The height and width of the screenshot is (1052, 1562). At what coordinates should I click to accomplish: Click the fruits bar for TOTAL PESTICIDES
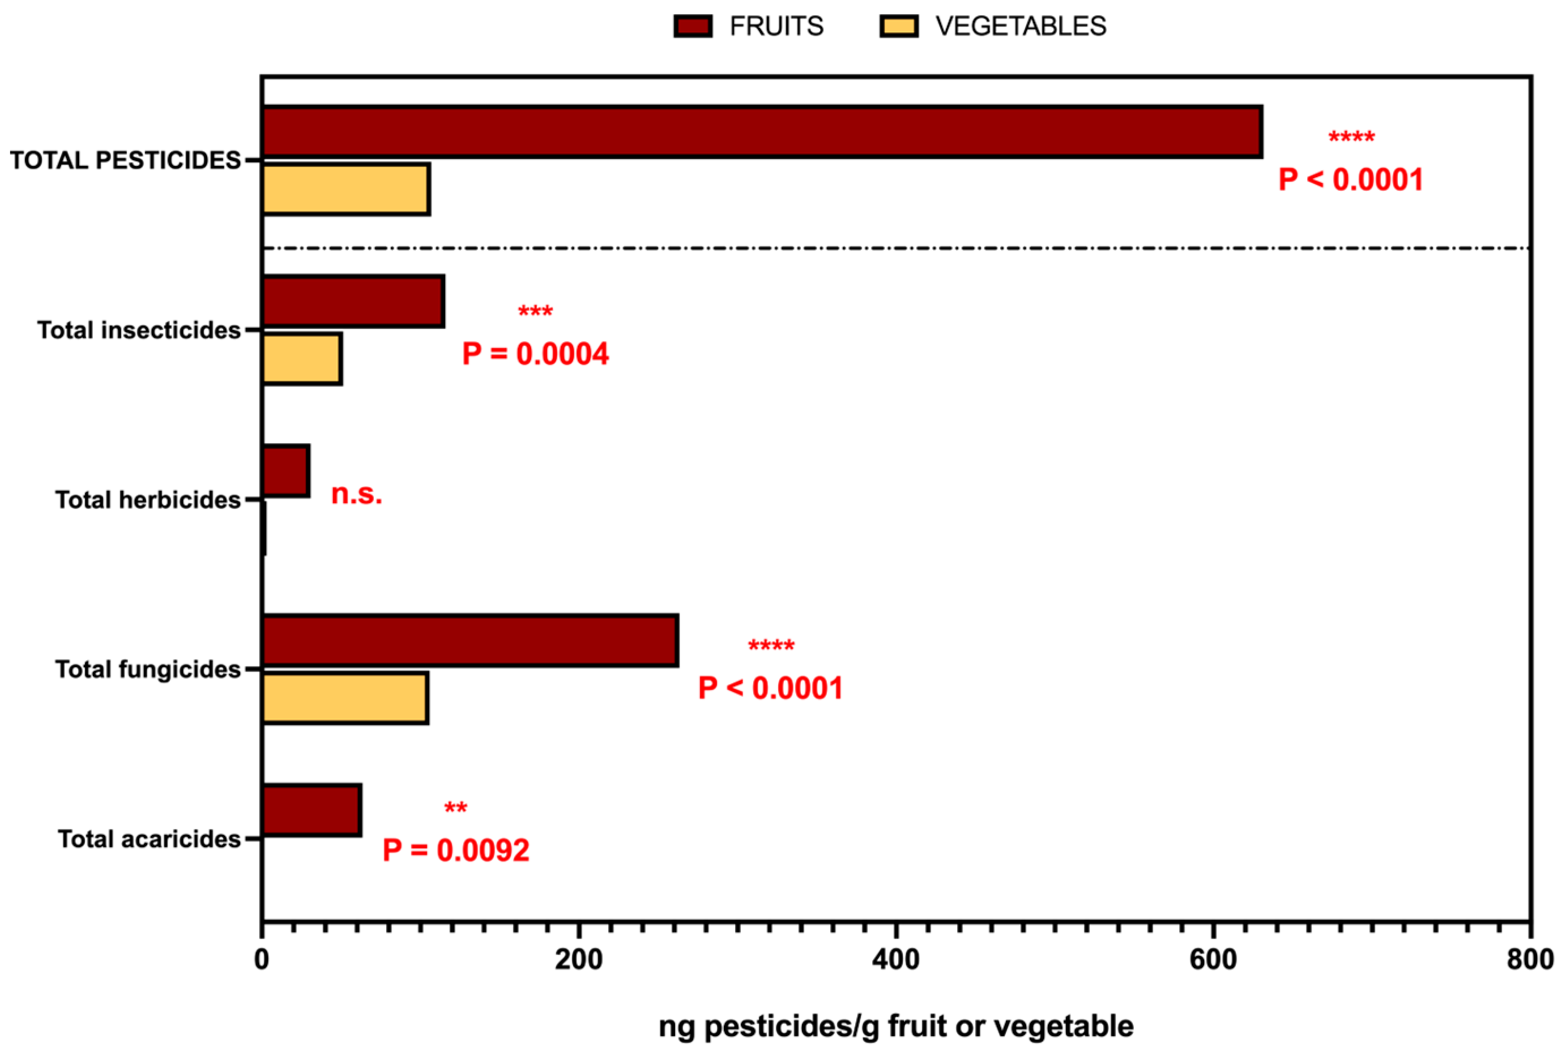coord(761,132)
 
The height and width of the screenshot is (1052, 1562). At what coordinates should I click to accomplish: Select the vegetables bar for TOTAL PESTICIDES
coord(345,189)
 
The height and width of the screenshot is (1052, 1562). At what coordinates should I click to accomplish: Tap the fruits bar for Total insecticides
coord(353,301)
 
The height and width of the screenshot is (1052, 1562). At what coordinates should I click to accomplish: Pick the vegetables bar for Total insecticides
coord(301,359)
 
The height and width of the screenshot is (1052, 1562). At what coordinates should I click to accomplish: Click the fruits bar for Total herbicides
coord(285,471)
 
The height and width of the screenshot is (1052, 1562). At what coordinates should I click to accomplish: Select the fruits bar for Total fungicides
coord(470,641)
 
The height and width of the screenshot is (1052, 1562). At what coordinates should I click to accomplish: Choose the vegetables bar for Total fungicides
coord(345,698)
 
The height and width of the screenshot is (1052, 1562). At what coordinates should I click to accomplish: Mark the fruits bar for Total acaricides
coord(311,810)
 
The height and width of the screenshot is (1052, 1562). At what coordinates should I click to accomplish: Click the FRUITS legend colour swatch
coord(693,27)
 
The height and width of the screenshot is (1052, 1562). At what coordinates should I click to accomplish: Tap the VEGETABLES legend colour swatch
coord(899,27)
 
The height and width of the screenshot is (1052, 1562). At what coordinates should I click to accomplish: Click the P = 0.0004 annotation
coord(535,354)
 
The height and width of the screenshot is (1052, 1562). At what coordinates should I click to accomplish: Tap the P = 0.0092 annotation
coord(456,851)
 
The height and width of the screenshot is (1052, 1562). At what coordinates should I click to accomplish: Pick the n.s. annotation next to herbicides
coord(356,495)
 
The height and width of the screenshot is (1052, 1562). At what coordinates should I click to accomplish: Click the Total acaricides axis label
coord(149,839)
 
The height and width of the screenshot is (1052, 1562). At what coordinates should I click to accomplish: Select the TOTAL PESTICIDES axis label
coord(126,160)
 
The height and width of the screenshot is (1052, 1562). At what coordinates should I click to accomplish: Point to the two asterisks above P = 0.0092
coord(456,808)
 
